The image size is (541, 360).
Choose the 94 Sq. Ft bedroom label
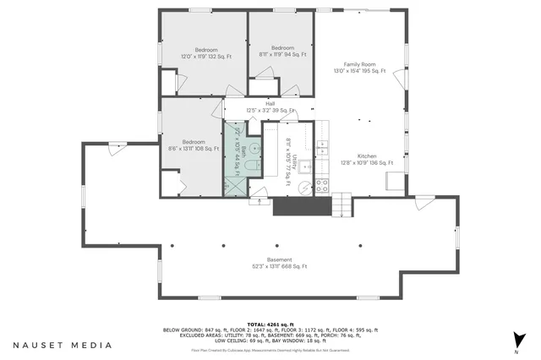coord(282,51)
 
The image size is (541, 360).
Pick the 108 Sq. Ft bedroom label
coord(194,145)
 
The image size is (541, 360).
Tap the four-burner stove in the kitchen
coord(322,187)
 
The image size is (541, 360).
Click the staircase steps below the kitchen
coord(341,205)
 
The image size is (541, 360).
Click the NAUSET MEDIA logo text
coord(63,345)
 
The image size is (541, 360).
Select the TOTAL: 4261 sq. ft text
coord(270,324)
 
